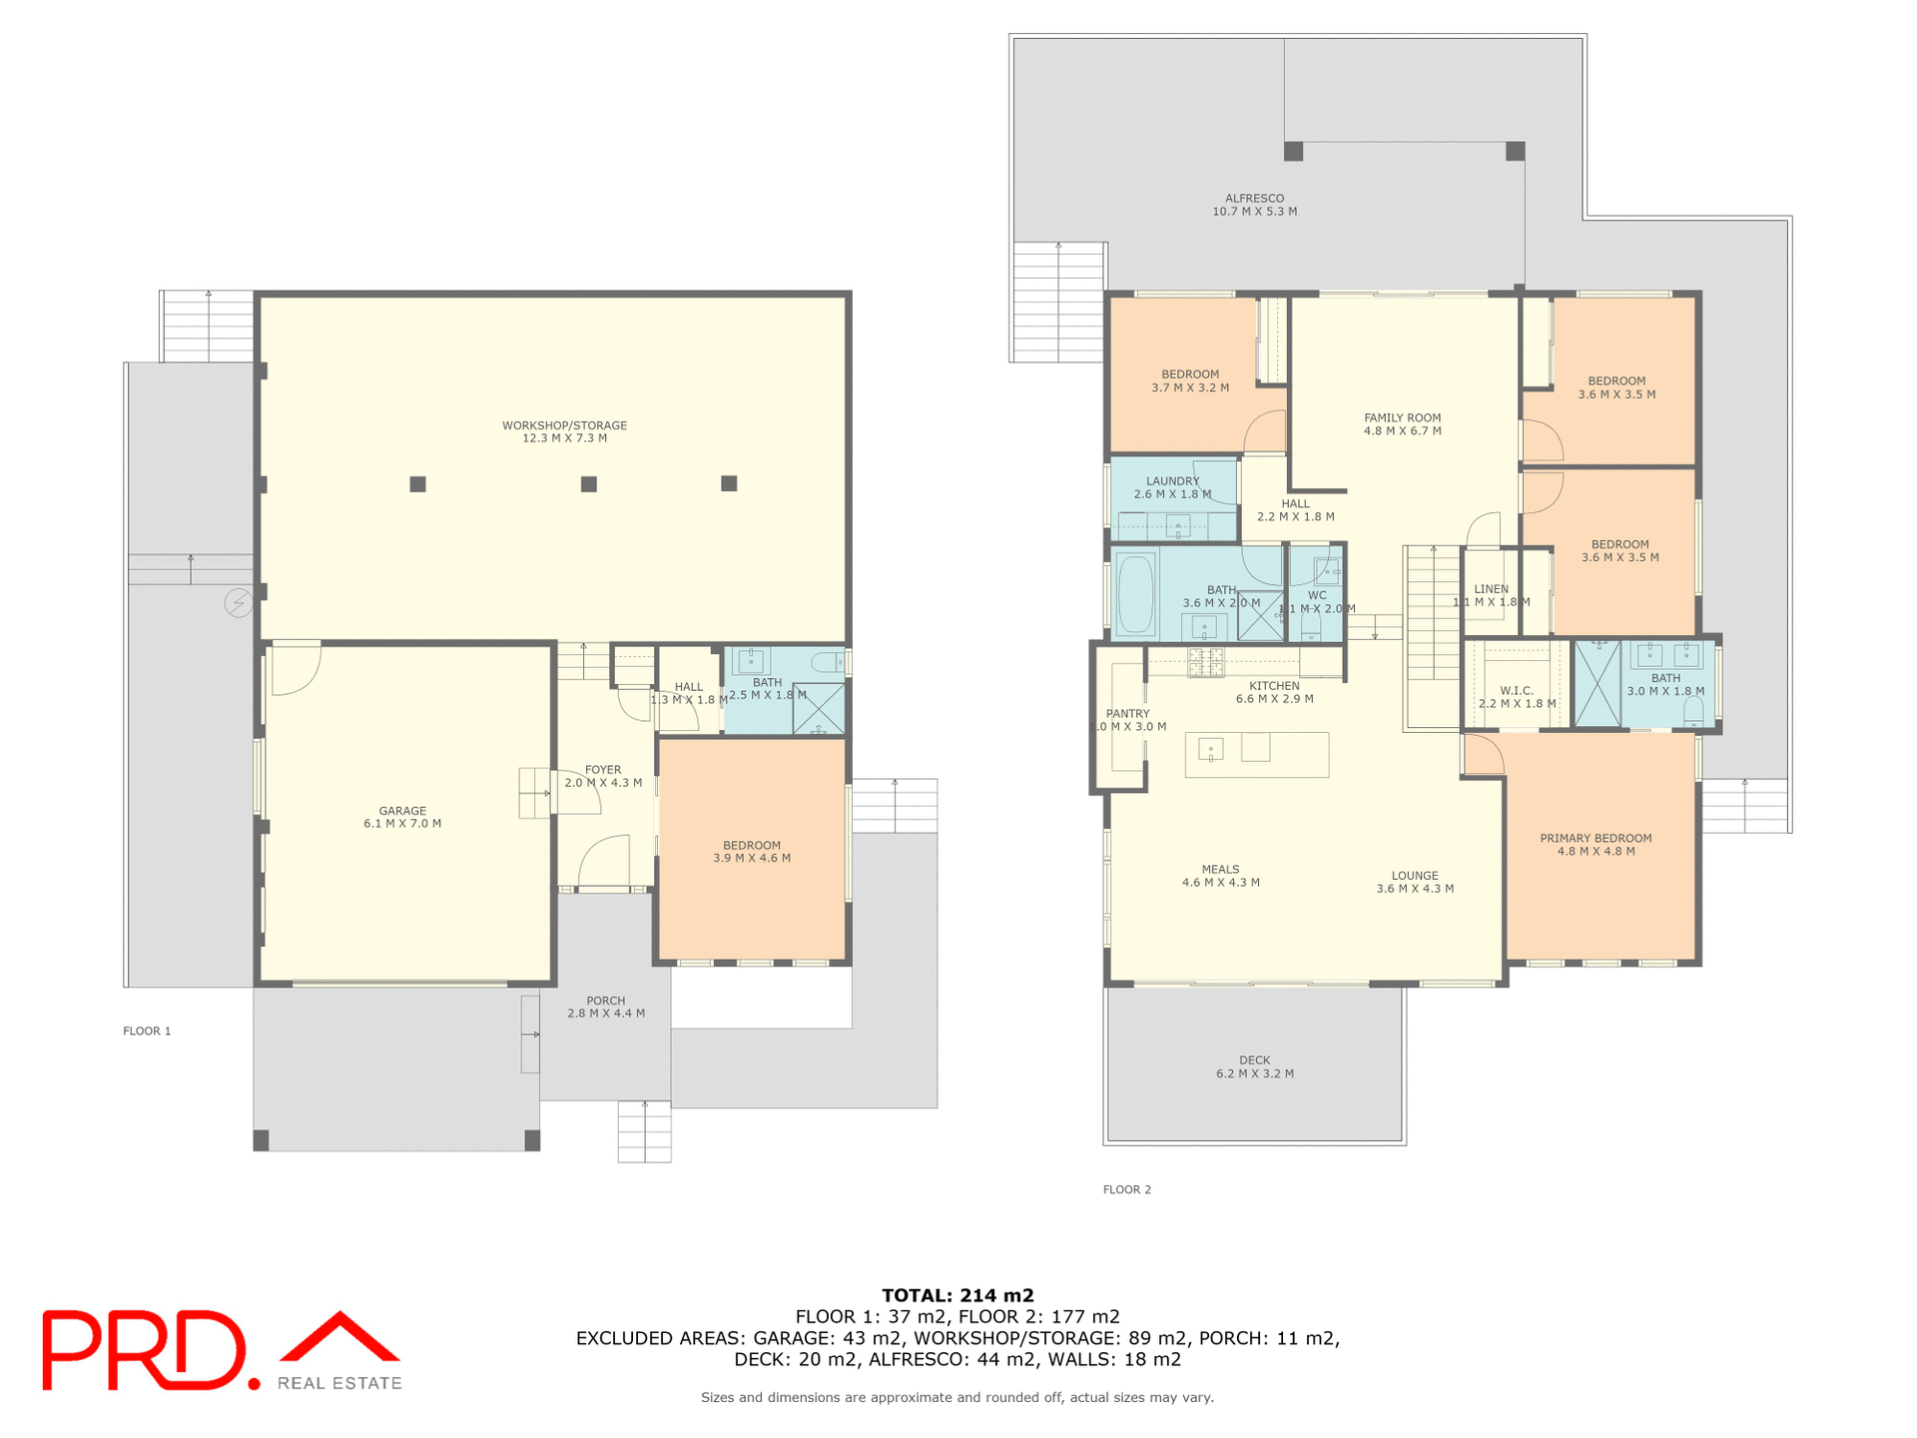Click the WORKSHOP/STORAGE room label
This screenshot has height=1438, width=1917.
coord(564,431)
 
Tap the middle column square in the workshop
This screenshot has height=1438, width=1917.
coord(589,484)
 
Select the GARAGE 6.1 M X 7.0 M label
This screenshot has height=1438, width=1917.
coord(402,817)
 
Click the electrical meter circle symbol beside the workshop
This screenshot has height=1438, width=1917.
coord(238,603)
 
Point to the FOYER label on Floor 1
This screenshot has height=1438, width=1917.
coord(603,776)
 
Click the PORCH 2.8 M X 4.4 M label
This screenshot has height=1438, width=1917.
coord(606,1007)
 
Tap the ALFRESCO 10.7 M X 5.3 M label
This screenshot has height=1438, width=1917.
coord(1255,205)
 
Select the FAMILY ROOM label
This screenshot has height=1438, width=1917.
coord(1403,424)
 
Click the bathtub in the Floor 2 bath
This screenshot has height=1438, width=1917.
coord(1135,594)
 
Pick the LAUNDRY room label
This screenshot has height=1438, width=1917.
coord(1172,487)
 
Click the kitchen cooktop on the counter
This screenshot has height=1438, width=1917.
coord(1205,662)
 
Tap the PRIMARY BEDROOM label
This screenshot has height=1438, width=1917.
coord(1596,845)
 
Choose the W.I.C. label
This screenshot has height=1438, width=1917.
coord(1517,697)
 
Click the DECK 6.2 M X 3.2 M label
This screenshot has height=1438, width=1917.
coord(1255,1067)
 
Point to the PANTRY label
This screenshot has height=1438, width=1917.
coord(1128,720)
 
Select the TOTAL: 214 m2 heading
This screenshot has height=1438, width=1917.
coord(958,1295)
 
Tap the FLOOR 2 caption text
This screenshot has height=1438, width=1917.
coord(1127,1189)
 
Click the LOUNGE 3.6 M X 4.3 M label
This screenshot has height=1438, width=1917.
coord(1415,882)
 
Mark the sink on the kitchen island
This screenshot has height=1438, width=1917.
coord(1211,748)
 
